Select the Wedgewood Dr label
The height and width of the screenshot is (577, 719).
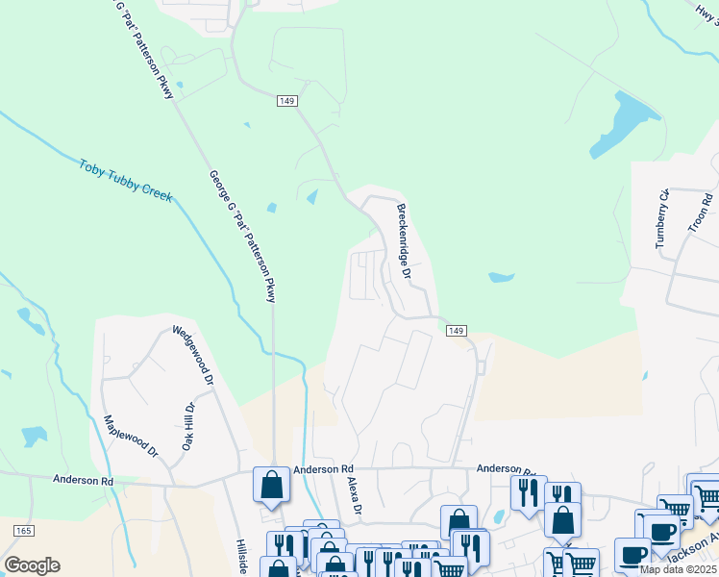pyautogui.click(x=192, y=357)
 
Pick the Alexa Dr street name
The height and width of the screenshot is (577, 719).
pyautogui.click(x=353, y=496)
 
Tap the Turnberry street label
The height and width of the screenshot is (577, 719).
pyautogui.click(x=662, y=220)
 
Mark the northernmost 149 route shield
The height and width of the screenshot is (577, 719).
pyautogui.click(x=286, y=101)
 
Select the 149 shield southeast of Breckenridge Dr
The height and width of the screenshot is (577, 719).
pyautogui.click(x=457, y=331)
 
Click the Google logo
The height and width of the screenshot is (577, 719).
pyautogui.click(x=31, y=565)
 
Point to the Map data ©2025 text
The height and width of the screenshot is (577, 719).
pyautogui.click(x=678, y=569)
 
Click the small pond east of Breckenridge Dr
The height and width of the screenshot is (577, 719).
pyautogui.click(x=501, y=278)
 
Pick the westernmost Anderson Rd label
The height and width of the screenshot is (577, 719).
pyautogui.click(x=83, y=480)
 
